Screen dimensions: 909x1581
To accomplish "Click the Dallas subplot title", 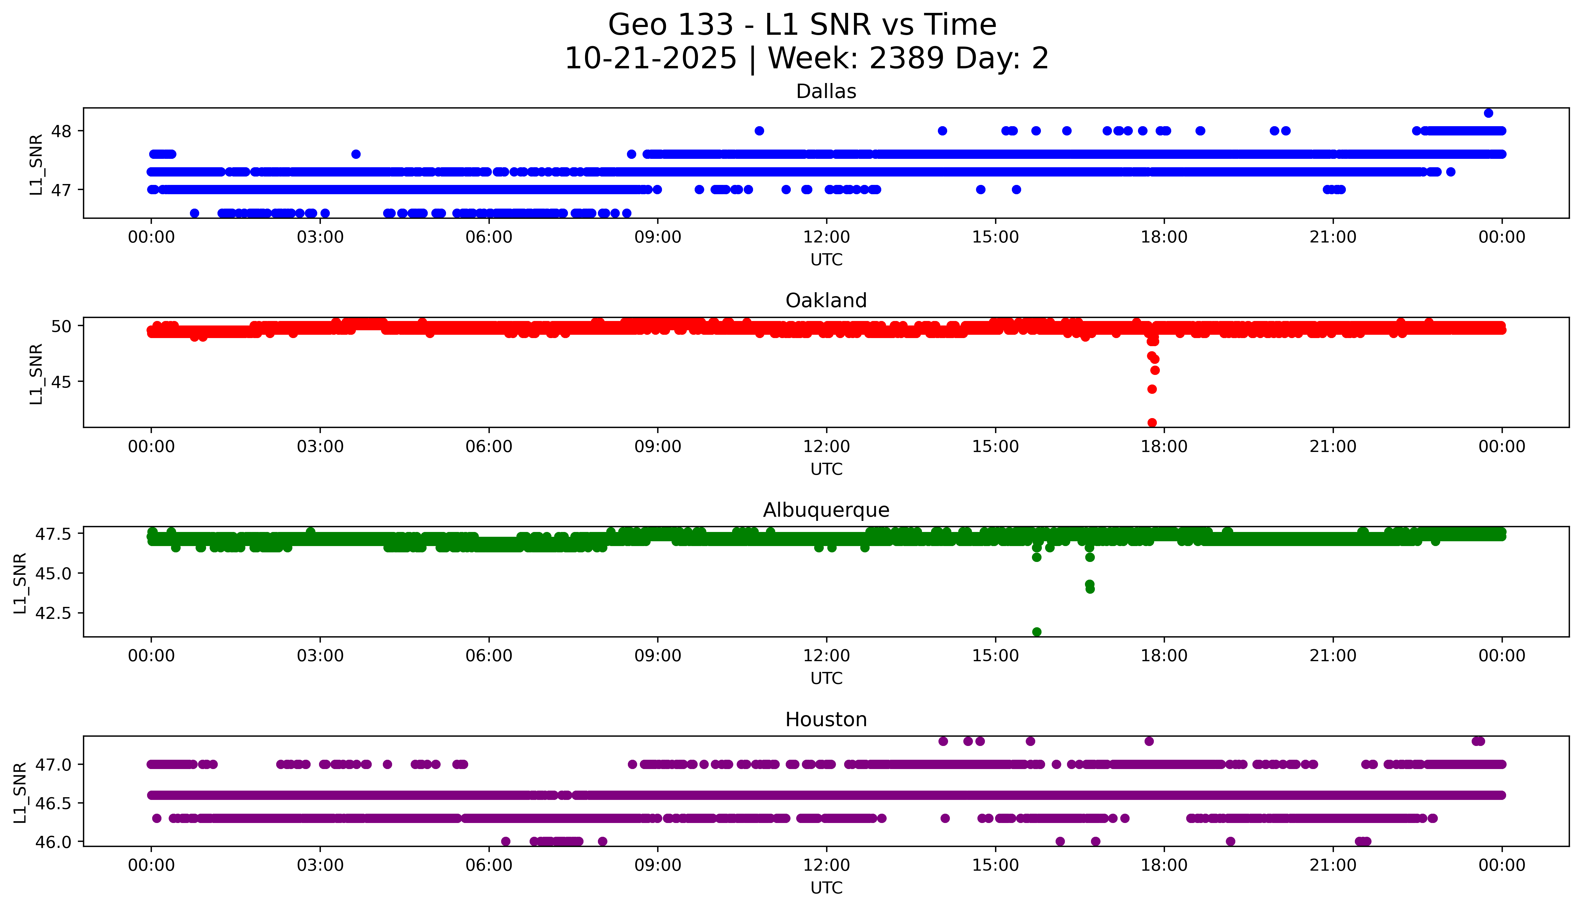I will tap(826, 92).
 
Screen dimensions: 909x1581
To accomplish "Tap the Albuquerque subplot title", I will tap(826, 510).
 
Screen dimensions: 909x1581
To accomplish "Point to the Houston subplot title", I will tap(826, 720).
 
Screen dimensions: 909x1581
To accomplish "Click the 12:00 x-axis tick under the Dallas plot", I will tap(827, 237).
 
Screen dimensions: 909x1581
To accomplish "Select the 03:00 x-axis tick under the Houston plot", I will tap(320, 865).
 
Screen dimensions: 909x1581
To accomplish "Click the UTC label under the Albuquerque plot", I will tap(826, 679).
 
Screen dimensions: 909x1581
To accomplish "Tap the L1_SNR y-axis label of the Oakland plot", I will tap(36, 373).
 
